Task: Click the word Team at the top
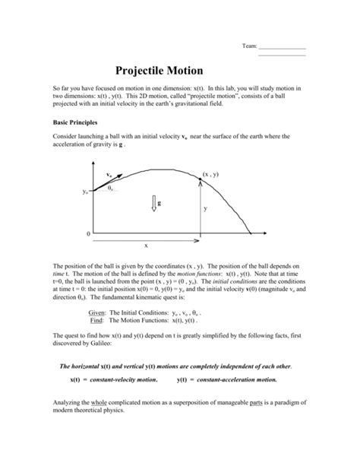249,46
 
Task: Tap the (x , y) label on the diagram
211,174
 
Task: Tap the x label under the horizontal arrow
146,245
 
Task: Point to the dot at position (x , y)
201,179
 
